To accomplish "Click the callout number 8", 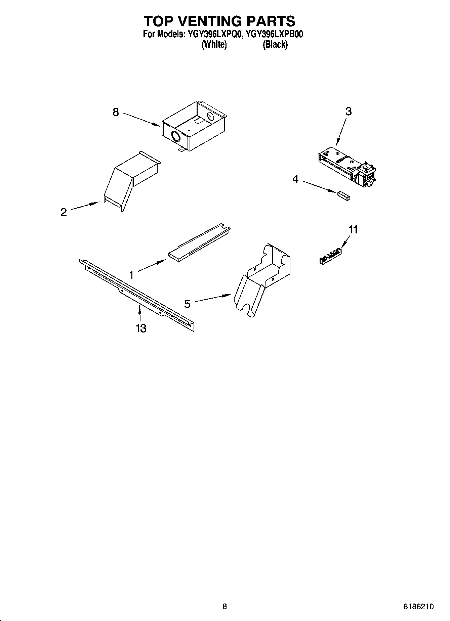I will click(x=116, y=112).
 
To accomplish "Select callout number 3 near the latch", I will click(x=349, y=111).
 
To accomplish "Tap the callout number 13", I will click(x=141, y=328).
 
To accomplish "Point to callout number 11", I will click(x=353, y=230).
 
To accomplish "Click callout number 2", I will click(x=64, y=212).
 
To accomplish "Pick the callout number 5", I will click(x=187, y=304).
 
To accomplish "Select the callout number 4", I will click(x=295, y=179).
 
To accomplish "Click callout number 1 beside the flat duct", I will click(x=131, y=275).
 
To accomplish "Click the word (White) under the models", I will click(x=214, y=44).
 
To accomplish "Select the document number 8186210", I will click(x=418, y=607).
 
